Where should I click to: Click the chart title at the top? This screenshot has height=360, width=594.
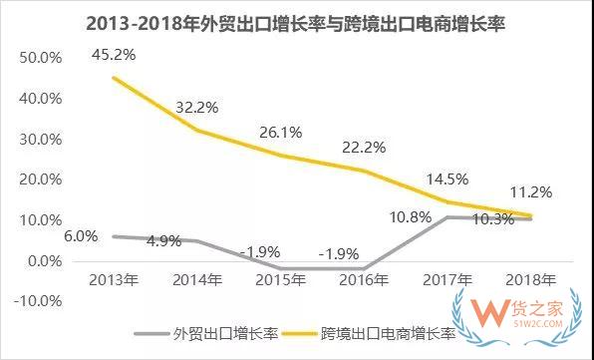click(x=296, y=22)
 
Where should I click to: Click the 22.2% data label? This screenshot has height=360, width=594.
click(x=371, y=147)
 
